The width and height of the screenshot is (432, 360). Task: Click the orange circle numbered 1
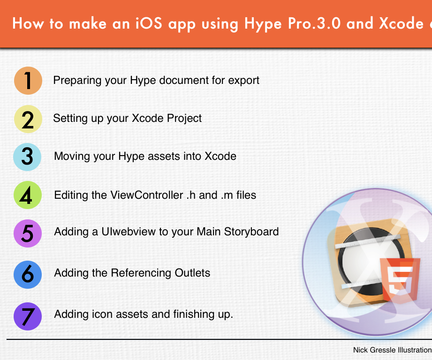[x=28, y=80]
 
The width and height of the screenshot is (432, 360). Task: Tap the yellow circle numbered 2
[x=28, y=119]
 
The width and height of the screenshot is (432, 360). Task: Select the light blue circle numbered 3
[x=28, y=157]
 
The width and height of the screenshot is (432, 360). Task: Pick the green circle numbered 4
[x=28, y=195]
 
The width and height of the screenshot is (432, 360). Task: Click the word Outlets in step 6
[x=192, y=273]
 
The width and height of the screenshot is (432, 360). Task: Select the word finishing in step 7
[x=181, y=314]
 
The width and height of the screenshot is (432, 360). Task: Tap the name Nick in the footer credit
[x=361, y=350]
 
